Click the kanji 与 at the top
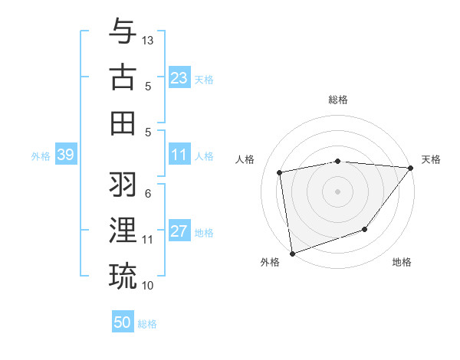[x=123, y=31]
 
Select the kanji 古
[x=123, y=77]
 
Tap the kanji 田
[x=123, y=123]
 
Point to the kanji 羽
[x=123, y=184]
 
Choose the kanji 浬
[x=123, y=230]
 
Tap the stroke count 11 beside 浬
[x=148, y=240]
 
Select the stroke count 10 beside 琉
[x=148, y=286]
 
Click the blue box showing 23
[x=179, y=78]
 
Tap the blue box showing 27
[x=179, y=232]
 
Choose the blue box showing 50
[x=123, y=322]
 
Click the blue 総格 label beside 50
[x=147, y=324]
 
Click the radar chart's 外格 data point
[x=292, y=253]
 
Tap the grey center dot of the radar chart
[x=337, y=191]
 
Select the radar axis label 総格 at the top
[x=337, y=100]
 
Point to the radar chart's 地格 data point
[x=365, y=229]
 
